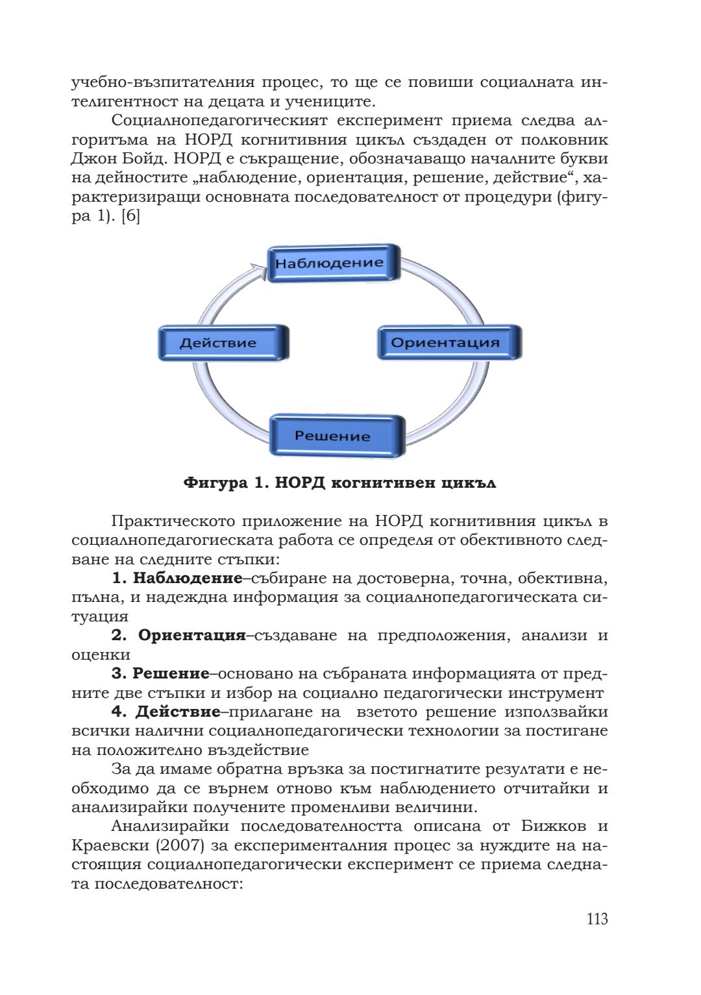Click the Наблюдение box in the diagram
(x=333, y=263)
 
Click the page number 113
(x=596, y=918)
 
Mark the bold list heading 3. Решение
(x=160, y=674)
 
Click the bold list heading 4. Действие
(x=166, y=712)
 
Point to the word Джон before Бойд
(x=91, y=159)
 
